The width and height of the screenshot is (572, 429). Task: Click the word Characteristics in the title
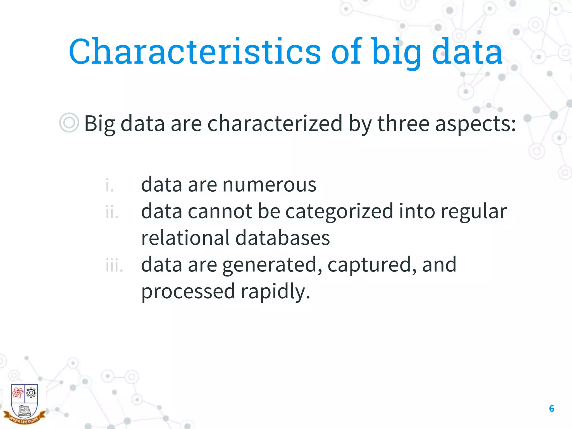[195, 52]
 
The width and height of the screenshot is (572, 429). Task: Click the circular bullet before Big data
[69, 123]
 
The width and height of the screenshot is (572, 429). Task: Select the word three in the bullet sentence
[403, 123]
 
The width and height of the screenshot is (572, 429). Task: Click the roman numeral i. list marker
[109, 185]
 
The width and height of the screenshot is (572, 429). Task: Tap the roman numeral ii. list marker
[112, 212]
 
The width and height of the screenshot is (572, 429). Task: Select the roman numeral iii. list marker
[114, 266]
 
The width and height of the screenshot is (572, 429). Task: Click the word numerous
[269, 185]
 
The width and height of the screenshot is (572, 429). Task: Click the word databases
[282, 238]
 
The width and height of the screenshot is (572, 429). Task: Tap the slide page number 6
[551, 409]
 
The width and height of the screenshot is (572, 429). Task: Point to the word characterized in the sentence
[275, 123]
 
